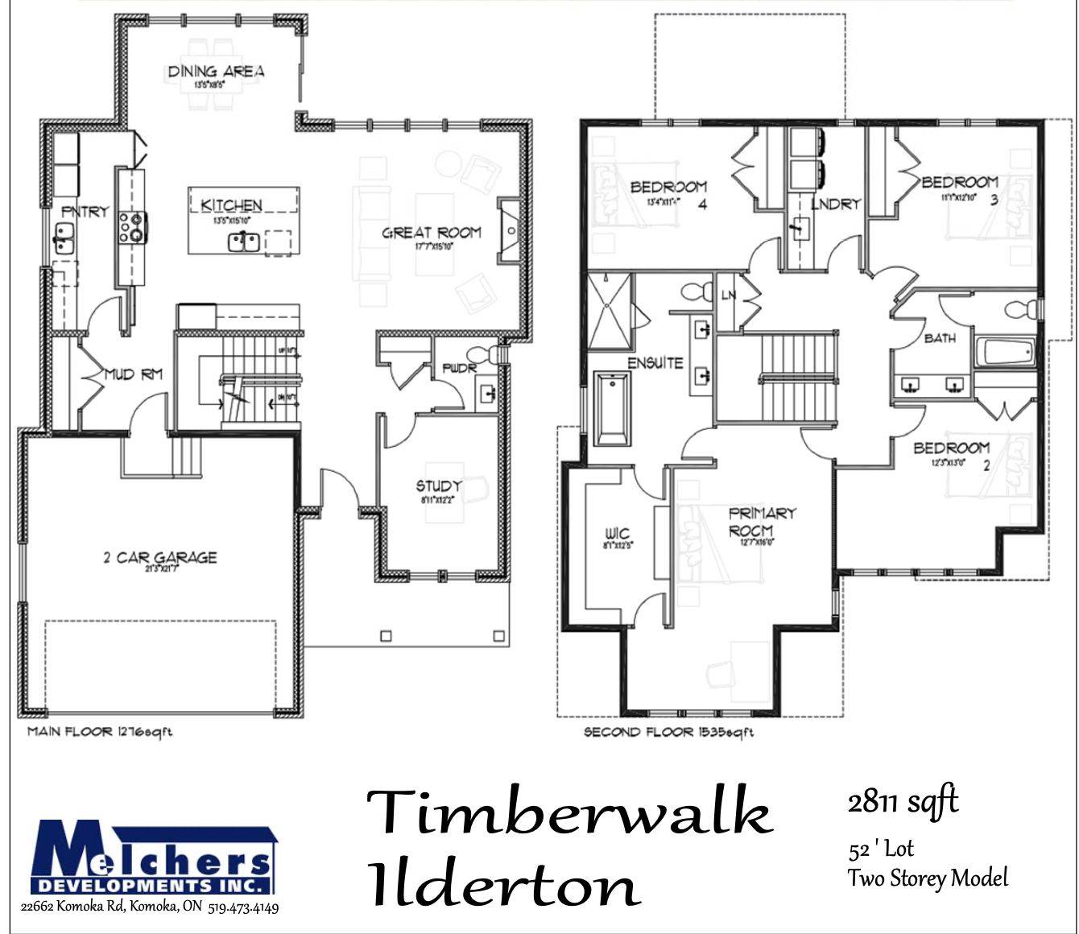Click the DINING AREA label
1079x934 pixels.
215,72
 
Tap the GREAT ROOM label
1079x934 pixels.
432,233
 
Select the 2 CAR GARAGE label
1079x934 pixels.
160,557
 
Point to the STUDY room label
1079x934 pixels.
439,486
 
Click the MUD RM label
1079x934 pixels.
134,374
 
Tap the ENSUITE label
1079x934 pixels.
655,362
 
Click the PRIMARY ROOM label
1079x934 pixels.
751,522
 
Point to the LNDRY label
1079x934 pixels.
834,205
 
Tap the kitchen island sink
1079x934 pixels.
242,240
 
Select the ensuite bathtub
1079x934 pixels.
613,408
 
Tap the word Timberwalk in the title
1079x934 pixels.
568,812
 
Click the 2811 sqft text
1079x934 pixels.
903,802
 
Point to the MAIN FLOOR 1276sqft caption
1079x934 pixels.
100,732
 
